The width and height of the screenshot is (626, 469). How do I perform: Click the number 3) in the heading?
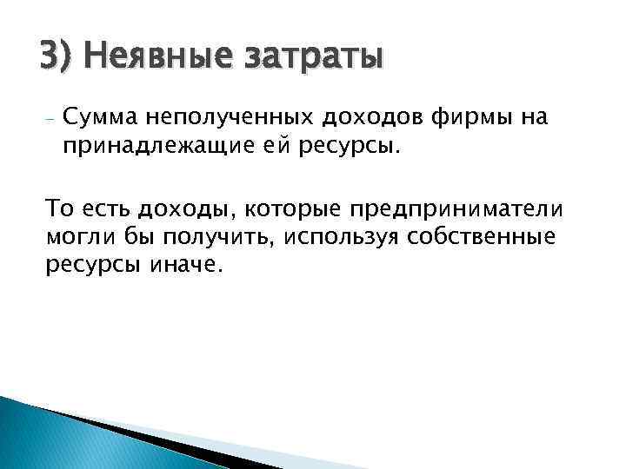tap(58, 58)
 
